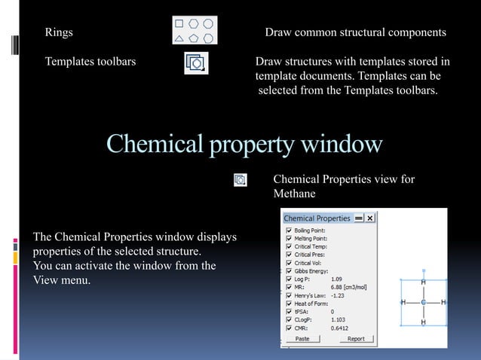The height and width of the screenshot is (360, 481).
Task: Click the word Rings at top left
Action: click(x=59, y=33)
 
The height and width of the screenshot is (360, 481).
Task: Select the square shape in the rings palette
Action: click(x=180, y=23)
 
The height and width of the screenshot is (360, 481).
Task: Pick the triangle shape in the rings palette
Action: click(x=179, y=37)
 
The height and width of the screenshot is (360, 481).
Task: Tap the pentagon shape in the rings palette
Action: click(x=194, y=37)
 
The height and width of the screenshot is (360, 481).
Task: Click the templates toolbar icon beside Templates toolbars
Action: click(x=195, y=63)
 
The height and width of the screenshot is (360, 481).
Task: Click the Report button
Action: click(x=356, y=339)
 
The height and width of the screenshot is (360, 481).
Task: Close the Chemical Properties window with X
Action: click(x=371, y=218)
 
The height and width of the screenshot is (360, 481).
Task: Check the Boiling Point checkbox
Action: click(x=288, y=230)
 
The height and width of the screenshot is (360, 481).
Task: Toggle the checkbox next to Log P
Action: click(x=288, y=279)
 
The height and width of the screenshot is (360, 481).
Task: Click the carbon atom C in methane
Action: click(x=423, y=302)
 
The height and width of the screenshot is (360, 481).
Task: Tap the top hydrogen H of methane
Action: click(x=423, y=282)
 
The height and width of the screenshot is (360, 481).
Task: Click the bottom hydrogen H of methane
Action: click(x=423, y=322)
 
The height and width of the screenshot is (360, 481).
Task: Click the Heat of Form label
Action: click(x=311, y=304)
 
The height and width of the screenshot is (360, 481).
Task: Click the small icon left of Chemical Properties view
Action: click(x=240, y=180)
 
